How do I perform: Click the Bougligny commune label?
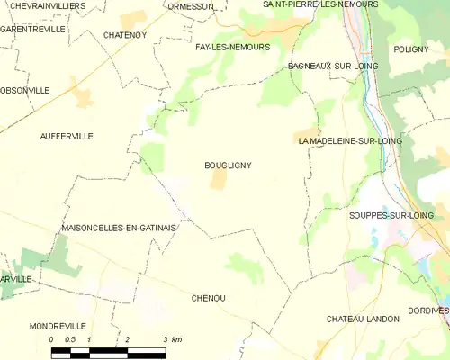[228, 166]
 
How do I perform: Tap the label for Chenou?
[208, 297]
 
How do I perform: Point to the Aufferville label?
[67, 136]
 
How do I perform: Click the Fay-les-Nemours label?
[232, 47]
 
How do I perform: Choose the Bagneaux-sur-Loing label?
[333, 67]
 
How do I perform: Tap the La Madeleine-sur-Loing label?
[350, 141]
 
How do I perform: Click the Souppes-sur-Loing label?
[391, 216]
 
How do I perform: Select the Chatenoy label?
[124, 35]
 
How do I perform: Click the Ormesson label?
[191, 6]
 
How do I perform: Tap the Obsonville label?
[25, 91]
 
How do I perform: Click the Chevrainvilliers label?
[43, 6]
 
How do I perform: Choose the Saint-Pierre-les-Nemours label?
[320, 4]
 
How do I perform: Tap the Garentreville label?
[33, 30]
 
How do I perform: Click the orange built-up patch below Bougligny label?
[218, 181]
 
